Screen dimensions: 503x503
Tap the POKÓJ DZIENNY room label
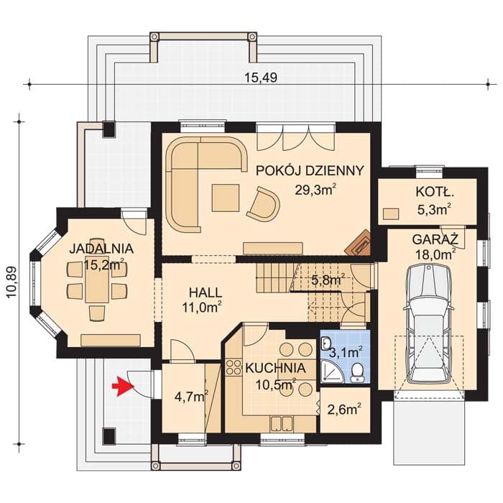[x=310, y=171]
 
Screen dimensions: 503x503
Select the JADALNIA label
[x=101, y=249]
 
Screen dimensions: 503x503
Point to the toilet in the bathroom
[x=357, y=373]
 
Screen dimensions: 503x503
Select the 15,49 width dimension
[x=260, y=78]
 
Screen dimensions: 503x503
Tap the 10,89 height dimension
[x=11, y=282]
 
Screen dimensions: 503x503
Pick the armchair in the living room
[x=264, y=203]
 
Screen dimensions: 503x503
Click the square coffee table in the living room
[x=226, y=198]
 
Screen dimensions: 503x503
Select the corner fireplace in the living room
[x=359, y=243]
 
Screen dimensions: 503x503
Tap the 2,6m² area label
[x=344, y=410]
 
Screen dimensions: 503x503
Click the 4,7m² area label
[x=192, y=397]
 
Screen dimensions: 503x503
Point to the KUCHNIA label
[x=275, y=368]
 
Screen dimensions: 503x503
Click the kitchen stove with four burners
[x=234, y=367]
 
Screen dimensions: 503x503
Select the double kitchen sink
[x=282, y=423]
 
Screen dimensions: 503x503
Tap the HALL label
[x=206, y=292]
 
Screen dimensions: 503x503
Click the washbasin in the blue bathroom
[x=326, y=343]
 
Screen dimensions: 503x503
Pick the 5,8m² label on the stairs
[x=328, y=280]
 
